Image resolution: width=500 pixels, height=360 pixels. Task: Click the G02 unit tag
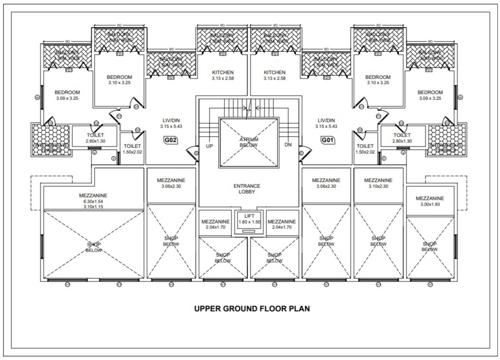click(172, 142)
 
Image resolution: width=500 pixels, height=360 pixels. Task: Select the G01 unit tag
click(326, 142)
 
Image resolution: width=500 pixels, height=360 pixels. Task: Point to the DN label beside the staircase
click(288, 146)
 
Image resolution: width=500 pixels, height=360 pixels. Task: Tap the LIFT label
click(249, 216)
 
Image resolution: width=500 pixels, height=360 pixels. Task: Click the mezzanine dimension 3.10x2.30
click(378, 187)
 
